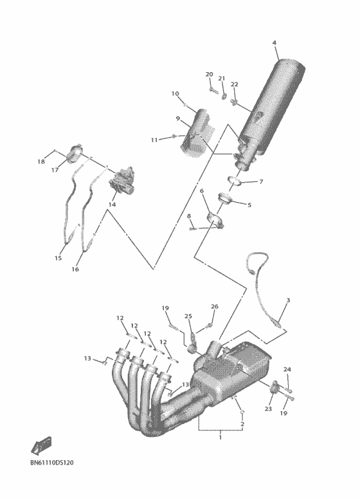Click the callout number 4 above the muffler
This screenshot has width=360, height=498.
coord(274,42)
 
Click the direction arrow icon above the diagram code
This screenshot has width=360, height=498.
coord(40,445)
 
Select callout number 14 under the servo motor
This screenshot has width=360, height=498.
coord(112,204)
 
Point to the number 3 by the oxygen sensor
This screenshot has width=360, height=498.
coord(288,300)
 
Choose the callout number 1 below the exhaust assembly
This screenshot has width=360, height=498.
coord(220,438)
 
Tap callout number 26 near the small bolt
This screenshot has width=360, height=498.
coord(215,306)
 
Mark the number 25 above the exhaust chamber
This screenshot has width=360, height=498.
coord(188,317)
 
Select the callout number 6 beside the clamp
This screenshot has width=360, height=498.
coord(201,191)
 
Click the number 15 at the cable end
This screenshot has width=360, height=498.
coord(58,258)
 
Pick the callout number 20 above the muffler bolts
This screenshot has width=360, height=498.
coord(209,75)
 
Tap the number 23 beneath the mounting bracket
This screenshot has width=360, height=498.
coord(268,409)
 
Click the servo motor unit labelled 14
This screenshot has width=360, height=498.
coord(122,179)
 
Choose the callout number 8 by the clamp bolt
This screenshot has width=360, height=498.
coord(189,217)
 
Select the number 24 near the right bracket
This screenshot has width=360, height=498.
coord(287,370)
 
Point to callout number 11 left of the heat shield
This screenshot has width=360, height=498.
coord(154,140)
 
